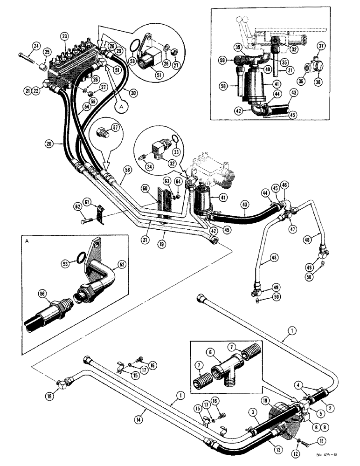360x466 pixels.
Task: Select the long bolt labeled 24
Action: [29, 59]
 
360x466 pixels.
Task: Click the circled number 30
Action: [133, 93]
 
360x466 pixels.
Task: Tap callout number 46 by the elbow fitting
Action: [284, 185]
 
